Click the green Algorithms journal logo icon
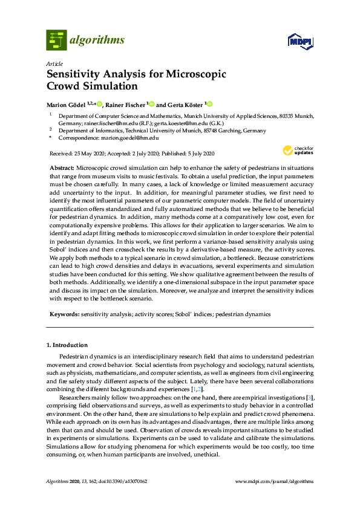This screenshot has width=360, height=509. [56, 41]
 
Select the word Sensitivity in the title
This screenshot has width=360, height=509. [74, 75]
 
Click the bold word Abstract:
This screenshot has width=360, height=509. [62, 166]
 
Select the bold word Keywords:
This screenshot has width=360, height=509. [64, 314]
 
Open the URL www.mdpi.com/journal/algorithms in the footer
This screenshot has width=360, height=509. [274, 481]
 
